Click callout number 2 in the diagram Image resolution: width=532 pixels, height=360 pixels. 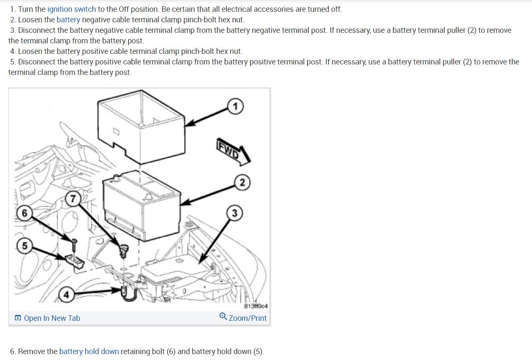tap(242, 182)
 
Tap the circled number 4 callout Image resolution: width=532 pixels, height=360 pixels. tap(66, 294)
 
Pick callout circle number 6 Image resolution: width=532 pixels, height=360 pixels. tap(24, 213)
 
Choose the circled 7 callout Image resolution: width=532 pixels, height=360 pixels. tap(74, 199)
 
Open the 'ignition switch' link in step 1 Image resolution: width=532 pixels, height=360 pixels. tap(72, 9)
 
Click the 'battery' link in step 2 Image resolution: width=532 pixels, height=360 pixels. tap(68, 20)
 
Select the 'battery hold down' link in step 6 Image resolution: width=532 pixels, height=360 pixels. tap(89, 351)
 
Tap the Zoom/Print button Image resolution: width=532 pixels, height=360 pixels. tap(248, 318)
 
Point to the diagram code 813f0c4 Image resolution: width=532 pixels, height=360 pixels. tap(256, 306)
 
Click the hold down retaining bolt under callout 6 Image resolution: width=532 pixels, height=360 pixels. tap(74, 246)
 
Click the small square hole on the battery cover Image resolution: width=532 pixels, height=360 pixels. tap(116, 131)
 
